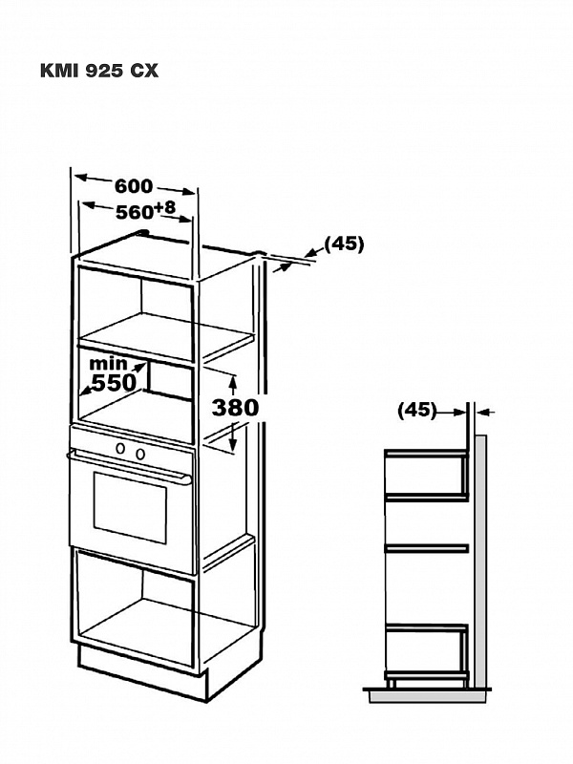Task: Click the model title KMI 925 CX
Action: [99, 71]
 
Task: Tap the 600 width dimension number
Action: [134, 186]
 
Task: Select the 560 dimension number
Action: [135, 212]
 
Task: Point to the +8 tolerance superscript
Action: [164, 207]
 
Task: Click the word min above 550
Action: [108, 364]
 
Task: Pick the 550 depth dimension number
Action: [114, 383]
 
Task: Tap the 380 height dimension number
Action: [235, 408]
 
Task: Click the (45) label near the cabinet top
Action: [345, 244]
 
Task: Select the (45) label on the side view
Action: [417, 410]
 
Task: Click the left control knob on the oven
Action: [119, 448]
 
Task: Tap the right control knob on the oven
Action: [140, 455]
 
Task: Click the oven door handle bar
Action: [129, 466]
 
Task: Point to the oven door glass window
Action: [130, 507]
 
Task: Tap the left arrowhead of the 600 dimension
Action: [80, 178]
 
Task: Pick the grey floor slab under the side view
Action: [430, 696]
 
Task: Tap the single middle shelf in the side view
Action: [426, 548]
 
